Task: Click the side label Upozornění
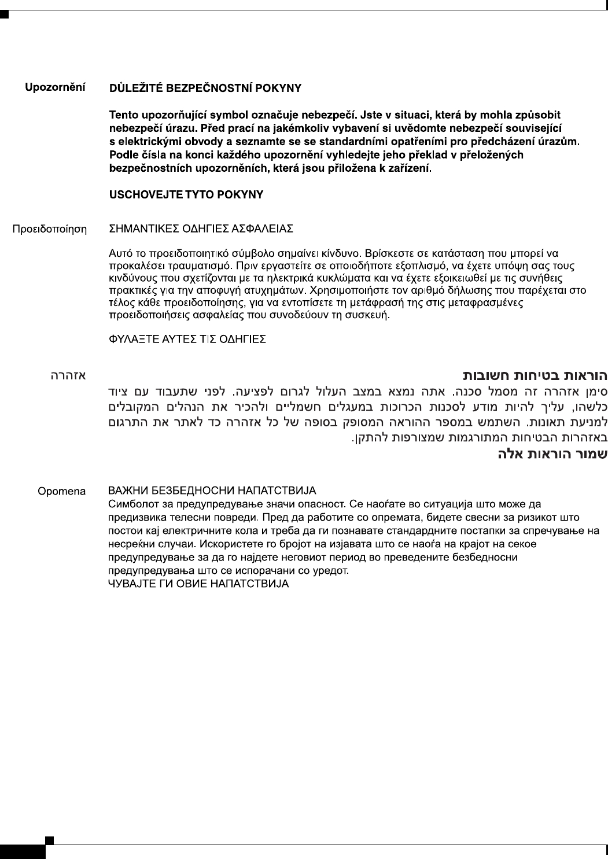(x=55, y=89)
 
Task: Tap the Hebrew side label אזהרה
(x=68, y=376)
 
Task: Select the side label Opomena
(x=61, y=492)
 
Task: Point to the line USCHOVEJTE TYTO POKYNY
(x=186, y=195)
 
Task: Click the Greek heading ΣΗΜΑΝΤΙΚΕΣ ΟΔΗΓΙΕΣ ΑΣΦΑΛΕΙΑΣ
(x=201, y=229)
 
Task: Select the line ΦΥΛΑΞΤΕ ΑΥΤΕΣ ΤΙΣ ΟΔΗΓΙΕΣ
(x=187, y=339)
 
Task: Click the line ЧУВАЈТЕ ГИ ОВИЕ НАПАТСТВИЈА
(x=198, y=584)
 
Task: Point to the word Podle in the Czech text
(x=122, y=155)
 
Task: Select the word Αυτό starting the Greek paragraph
(x=120, y=253)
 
